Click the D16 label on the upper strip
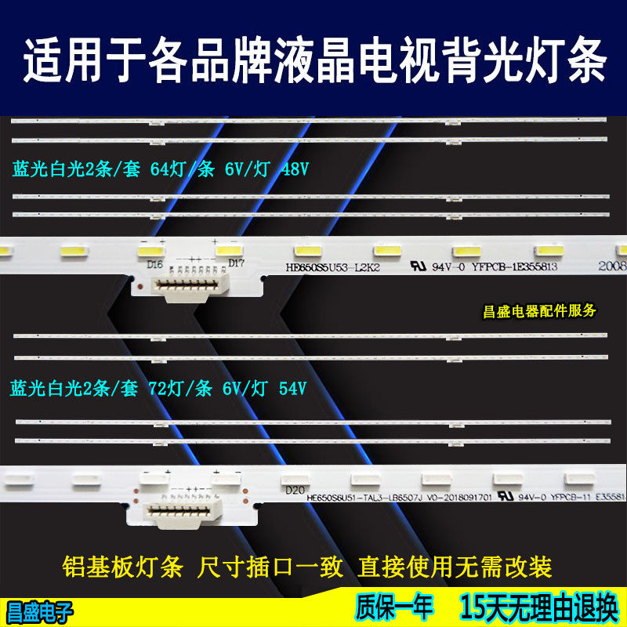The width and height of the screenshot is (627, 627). pyautogui.click(x=154, y=265)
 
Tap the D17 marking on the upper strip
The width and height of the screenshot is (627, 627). pyautogui.click(x=237, y=263)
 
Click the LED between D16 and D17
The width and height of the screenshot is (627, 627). pyautogui.click(x=195, y=250)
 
